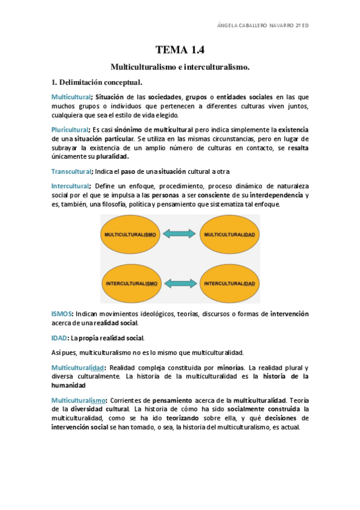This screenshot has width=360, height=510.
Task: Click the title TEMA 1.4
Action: click(180, 50)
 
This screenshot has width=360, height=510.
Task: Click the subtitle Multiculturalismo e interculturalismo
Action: click(180, 68)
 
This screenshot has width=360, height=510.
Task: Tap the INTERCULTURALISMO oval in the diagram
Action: click(131, 283)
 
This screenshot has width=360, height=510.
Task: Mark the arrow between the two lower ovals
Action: click(180, 283)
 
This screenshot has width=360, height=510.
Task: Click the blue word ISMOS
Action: click(62, 314)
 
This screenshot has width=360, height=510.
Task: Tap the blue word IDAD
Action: click(59, 338)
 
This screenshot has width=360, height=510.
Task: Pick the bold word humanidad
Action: click(69, 385)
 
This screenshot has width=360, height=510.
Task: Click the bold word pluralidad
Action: click(112, 156)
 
